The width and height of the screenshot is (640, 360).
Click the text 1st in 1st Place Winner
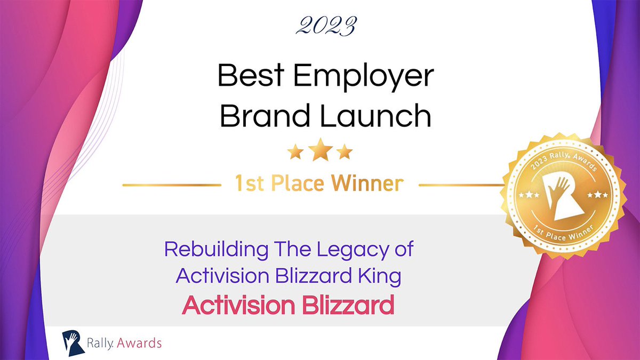tap(249, 184)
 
